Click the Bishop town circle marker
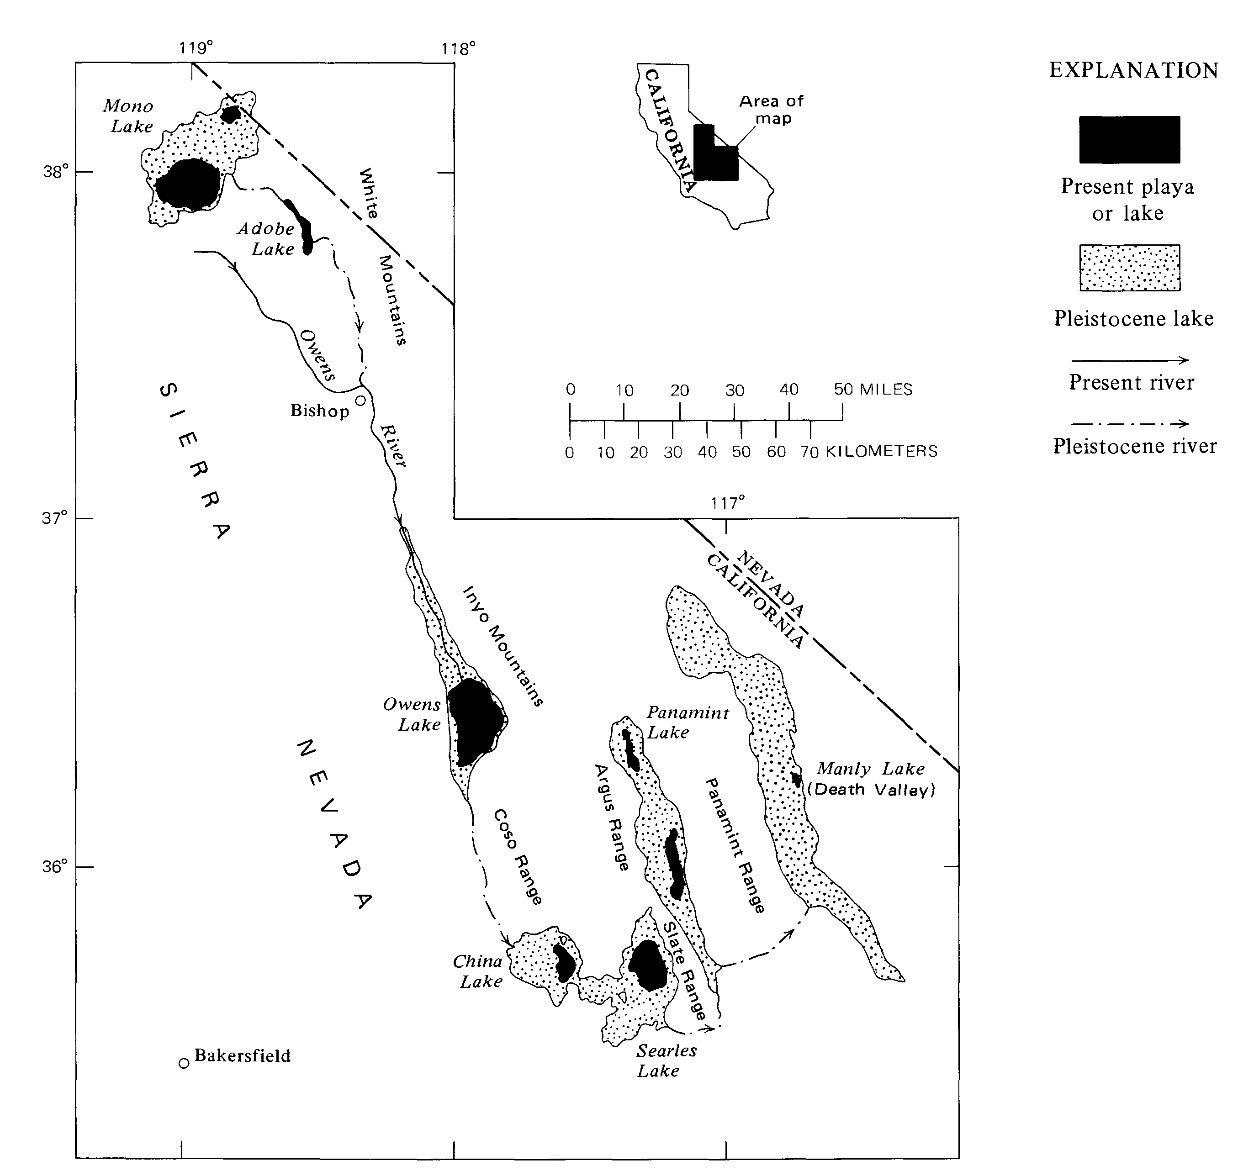coord(360,400)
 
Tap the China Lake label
coord(479,971)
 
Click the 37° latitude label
coord(54,518)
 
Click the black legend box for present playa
coord(1129,139)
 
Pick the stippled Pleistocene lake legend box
coord(1129,268)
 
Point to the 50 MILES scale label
coord(873,390)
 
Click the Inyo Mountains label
coord(503,645)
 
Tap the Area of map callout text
coord(772,110)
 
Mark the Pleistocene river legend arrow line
coord(1129,424)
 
